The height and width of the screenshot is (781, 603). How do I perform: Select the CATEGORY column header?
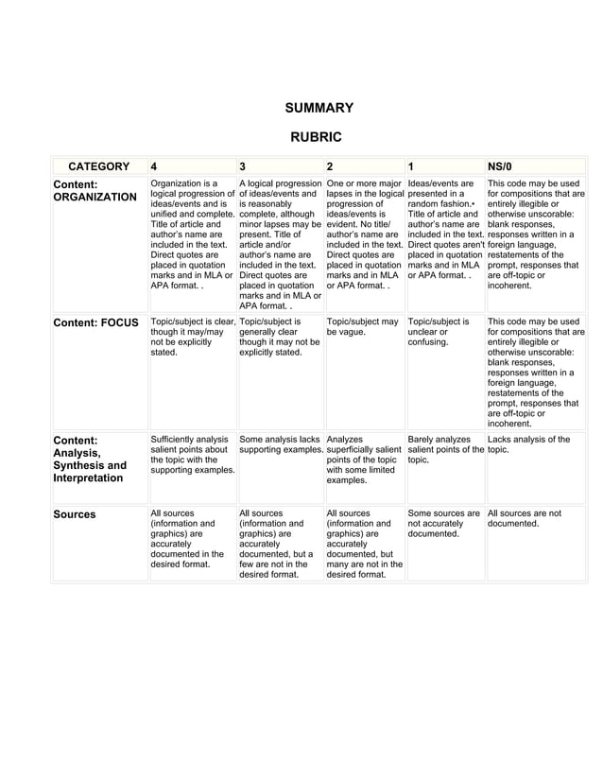click(x=98, y=165)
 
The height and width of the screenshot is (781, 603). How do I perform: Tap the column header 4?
click(x=155, y=165)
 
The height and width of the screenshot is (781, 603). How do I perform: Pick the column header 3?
click(x=243, y=165)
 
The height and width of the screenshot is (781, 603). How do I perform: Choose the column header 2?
click(x=330, y=165)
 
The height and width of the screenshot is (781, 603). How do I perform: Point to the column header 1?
click(x=411, y=165)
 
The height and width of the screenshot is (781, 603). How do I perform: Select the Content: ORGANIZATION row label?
click(x=95, y=190)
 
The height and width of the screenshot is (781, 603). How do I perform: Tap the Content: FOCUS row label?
click(x=95, y=322)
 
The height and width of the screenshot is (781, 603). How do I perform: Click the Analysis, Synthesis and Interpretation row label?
click(x=90, y=459)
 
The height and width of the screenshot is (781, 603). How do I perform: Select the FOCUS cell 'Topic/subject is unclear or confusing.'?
click(x=438, y=333)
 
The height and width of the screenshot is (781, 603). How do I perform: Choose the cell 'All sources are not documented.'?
click(x=528, y=519)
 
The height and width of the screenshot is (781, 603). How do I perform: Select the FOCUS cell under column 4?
click(x=192, y=338)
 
